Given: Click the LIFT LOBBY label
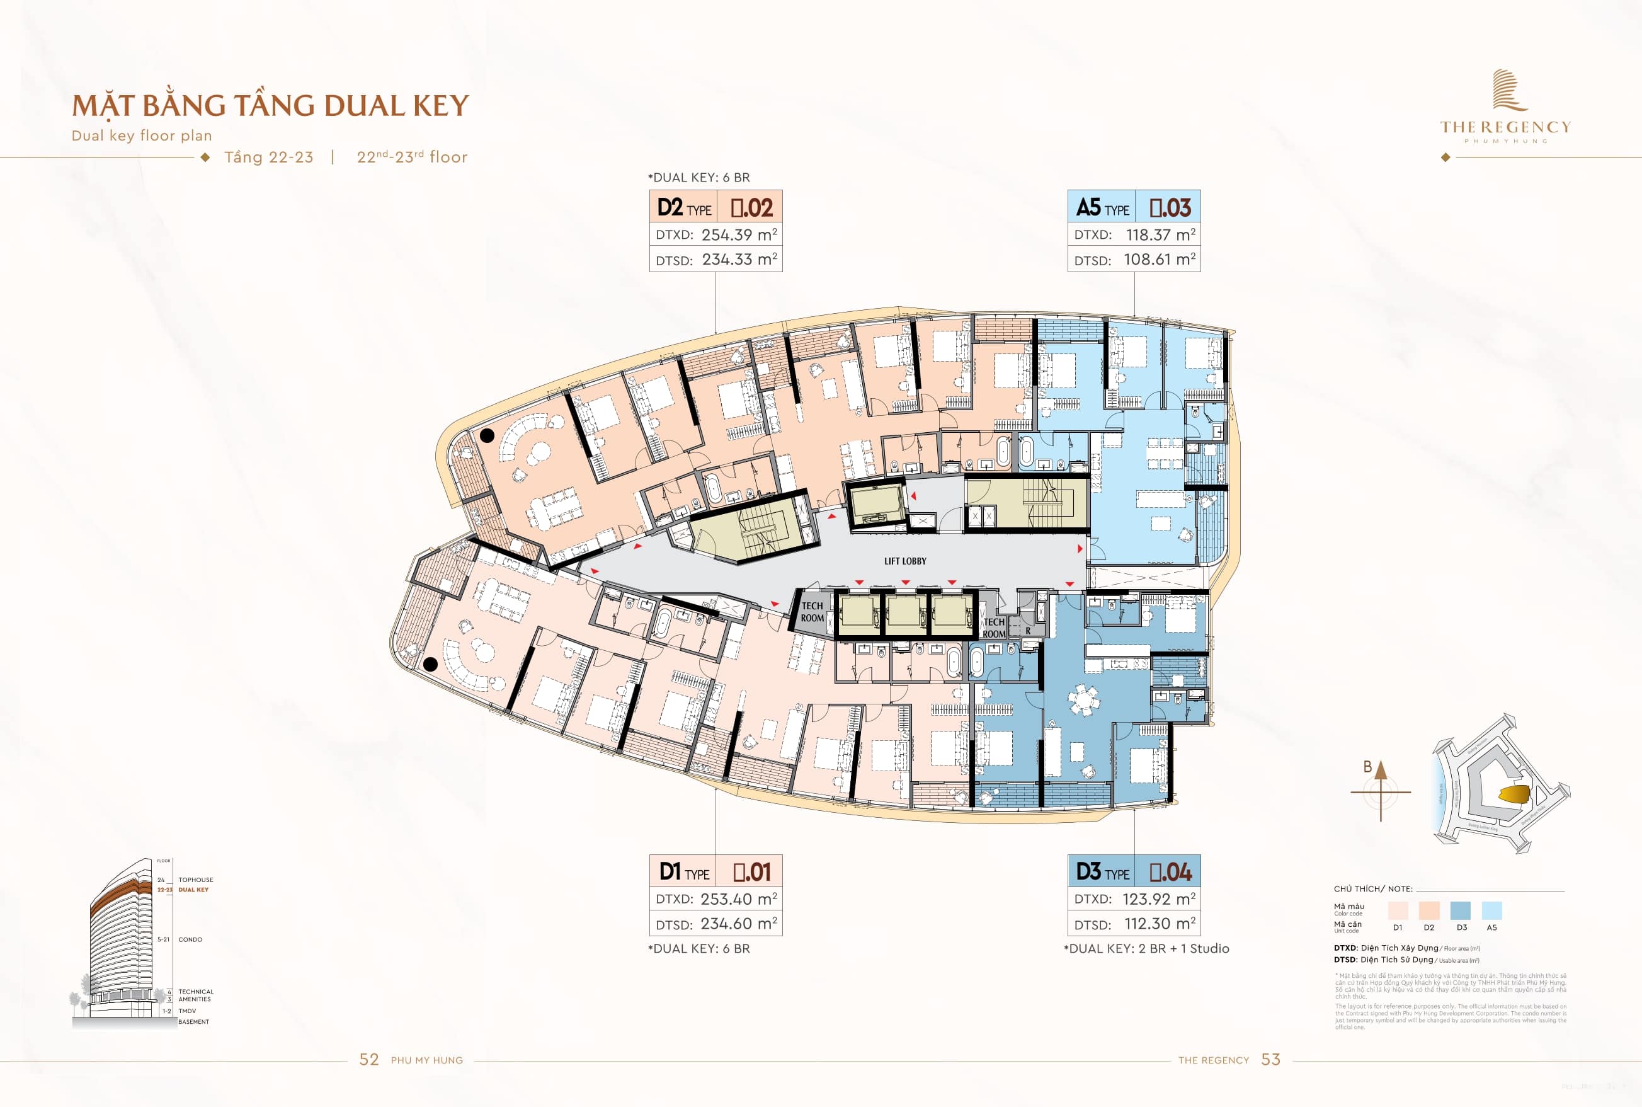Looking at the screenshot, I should [x=904, y=561].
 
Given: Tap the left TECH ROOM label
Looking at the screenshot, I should [x=812, y=611].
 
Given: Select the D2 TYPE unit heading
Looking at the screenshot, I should [x=683, y=207].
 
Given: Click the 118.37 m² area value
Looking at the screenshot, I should [x=1160, y=234].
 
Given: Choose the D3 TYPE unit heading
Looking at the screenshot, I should [x=1102, y=873].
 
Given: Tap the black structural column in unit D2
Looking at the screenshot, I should [x=487, y=435].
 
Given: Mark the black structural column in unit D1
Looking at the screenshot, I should [x=430, y=663].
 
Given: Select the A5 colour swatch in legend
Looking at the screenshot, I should [x=1491, y=910].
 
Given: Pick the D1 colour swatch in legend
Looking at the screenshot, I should [x=1397, y=910].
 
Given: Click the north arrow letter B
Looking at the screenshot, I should [x=1367, y=767].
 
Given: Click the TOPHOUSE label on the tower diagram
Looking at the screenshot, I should [x=195, y=880].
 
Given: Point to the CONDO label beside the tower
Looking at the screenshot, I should [x=190, y=939].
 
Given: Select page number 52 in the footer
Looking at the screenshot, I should [x=369, y=1060].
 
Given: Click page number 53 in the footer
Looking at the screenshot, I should [x=1270, y=1060].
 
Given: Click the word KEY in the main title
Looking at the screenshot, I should [x=440, y=106].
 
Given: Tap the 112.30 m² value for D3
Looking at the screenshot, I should [x=1160, y=924].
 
